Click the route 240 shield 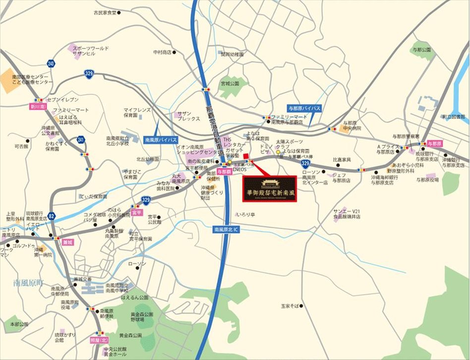pos(51,63)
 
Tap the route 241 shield pos(81,140)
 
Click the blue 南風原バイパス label pos(161,140)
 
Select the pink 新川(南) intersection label pos(38,106)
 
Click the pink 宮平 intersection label pos(137,212)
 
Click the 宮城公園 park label pos(230,83)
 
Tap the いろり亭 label pos(245,215)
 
